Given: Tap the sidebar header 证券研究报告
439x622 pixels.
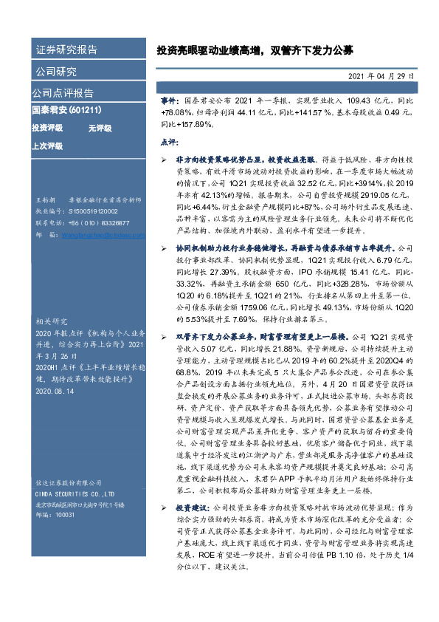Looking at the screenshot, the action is click(66, 50).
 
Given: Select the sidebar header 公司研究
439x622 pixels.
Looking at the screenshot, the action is click(56, 72).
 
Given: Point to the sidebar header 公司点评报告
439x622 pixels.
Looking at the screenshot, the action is click(63, 93).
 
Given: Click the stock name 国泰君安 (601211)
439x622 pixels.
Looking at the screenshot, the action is click(66, 110).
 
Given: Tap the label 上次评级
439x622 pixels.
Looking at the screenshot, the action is click(46, 146).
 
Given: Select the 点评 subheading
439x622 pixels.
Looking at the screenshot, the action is click(169, 140).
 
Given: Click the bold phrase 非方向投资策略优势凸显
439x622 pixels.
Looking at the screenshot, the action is click(219, 159).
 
